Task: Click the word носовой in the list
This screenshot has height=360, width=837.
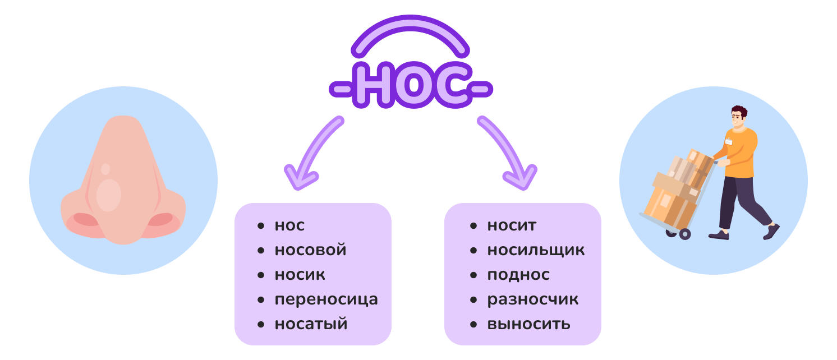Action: click(x=310, y=250)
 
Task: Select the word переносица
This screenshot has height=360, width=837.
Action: click(x=326, y=299)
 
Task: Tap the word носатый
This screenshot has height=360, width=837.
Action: click(x=311, y=324)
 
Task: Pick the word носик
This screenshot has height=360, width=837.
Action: click(x=300, y=275)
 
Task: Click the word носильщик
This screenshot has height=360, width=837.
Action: click(x=536, y=250)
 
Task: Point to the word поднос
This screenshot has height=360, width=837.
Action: click(x=518, y=275)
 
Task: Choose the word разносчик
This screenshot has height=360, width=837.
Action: click(x=532, y=299)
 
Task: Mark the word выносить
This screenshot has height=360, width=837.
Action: click(x=528, y=324)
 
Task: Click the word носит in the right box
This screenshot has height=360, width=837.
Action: click(x=512, y=225)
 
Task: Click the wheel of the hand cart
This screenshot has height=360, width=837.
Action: click(x=684, y=234)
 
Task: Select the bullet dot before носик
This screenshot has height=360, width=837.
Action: click(x=260, y=275)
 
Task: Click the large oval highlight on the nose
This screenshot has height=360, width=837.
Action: click(x=108, y=195)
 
